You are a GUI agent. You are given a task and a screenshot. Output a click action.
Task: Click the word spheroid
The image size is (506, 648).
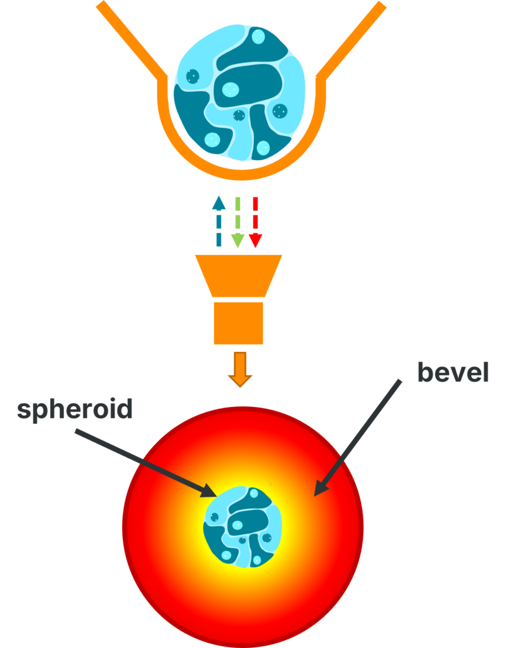pyautogui.click(x=75, y=410)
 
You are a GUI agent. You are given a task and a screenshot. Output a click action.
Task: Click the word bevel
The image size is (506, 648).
pyautogui.click(x=453, y=373)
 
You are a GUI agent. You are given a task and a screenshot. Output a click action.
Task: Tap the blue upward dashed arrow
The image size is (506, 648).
pyautogui.click(x=218, y=221)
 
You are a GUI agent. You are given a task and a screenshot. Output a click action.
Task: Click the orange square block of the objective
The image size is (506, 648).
pyautogui.click(x=239, y=323)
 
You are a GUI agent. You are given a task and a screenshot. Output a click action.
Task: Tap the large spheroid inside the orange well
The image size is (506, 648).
pyautogui.click(x=239, y=92)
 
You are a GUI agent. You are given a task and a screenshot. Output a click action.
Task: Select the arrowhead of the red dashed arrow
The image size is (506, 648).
pyautogui.click(x=255, y=241)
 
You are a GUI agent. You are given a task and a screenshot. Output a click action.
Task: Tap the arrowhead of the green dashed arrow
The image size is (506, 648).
pyautogui.click(x=237, y=241)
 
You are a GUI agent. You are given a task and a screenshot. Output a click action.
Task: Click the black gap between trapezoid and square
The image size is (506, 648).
pyautogui.click(x=239, y=299)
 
